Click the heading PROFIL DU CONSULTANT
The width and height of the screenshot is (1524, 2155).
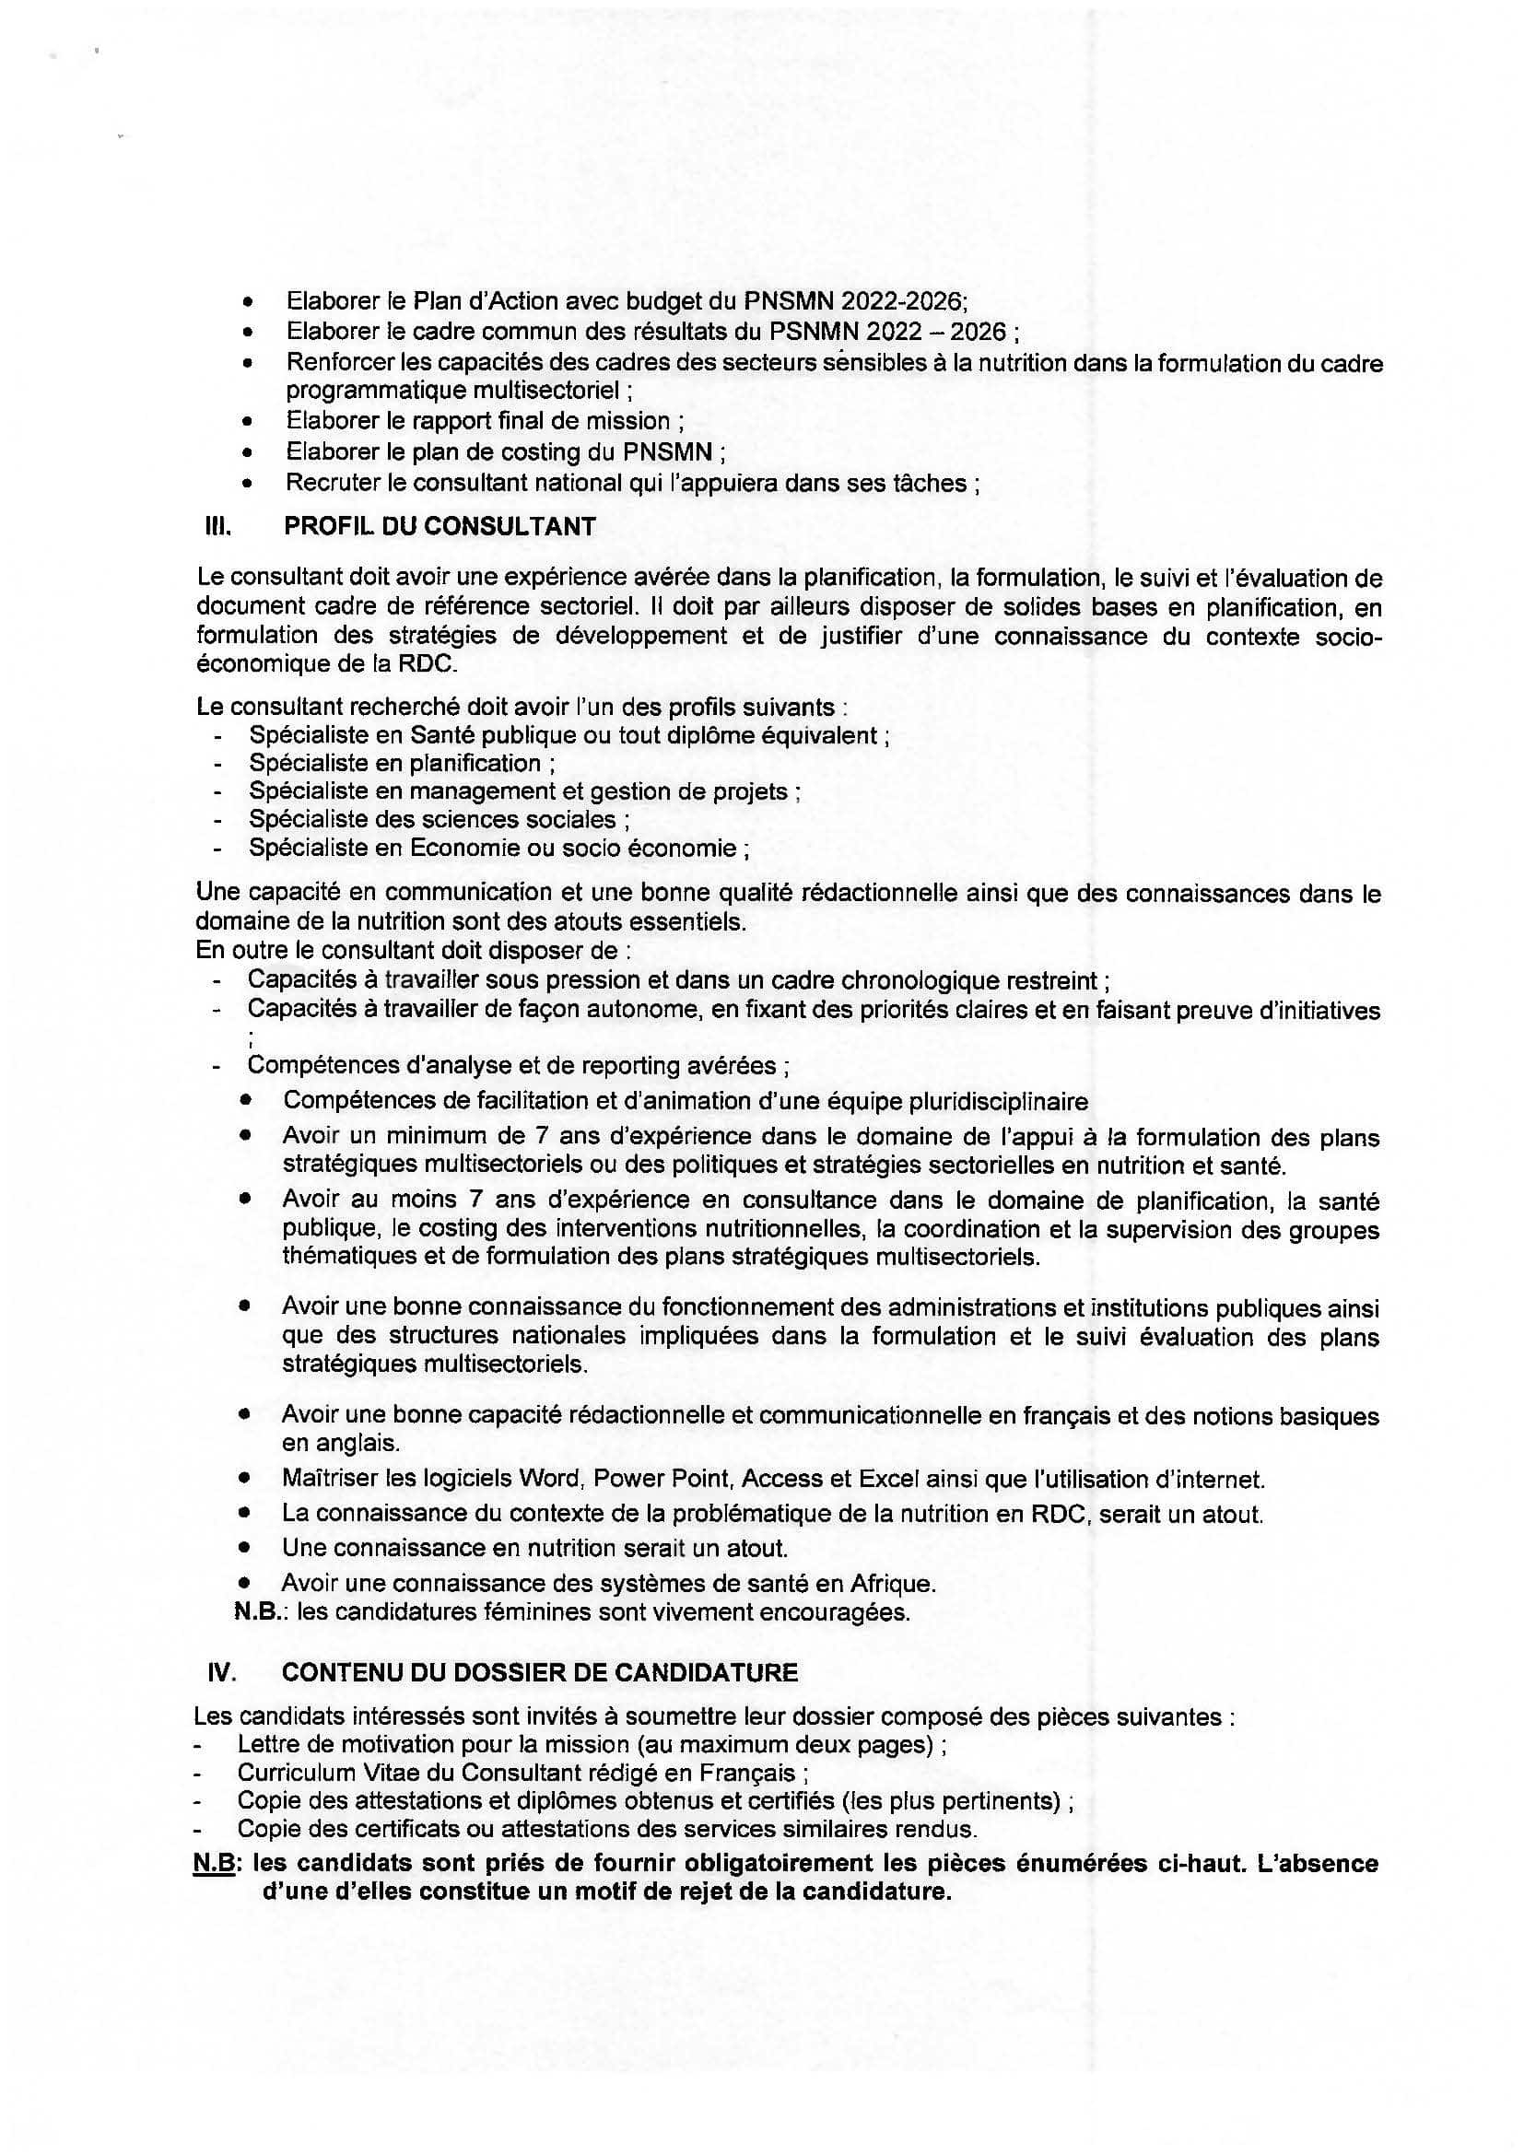[x=440, y=527]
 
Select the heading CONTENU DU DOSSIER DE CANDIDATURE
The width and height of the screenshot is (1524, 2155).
[x=540, y=1672]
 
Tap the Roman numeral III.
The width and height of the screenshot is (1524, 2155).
[x=217, y=527]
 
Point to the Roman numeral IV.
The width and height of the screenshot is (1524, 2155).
[x=220, y=1672]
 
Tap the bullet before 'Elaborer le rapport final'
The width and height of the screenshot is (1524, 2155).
[x=247, y=422]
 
